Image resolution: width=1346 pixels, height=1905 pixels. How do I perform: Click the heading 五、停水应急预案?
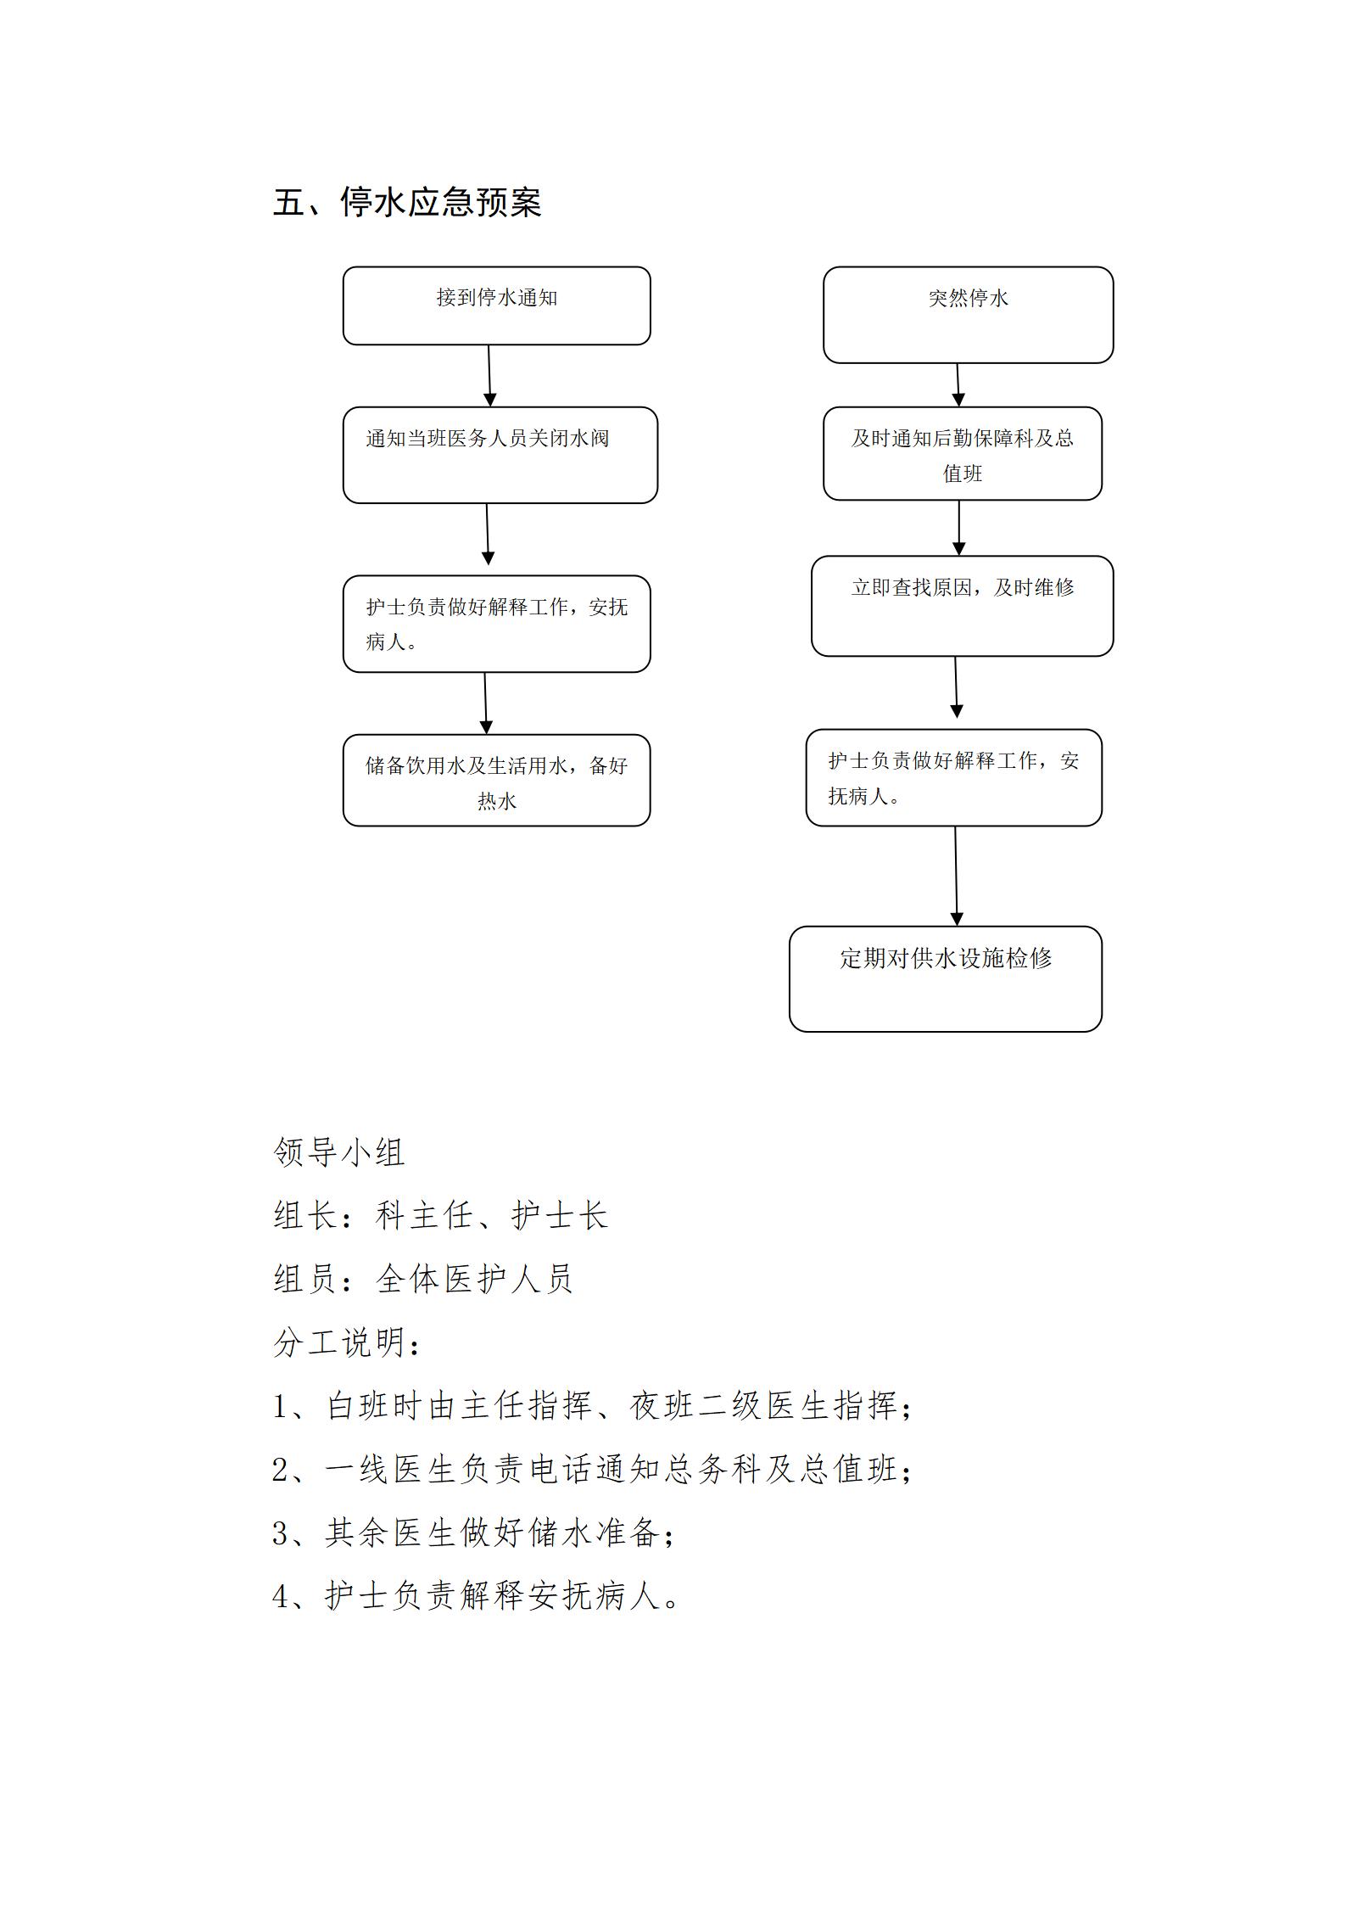[x=407, y=203]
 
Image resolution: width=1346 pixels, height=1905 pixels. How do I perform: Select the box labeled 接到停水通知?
[x=496, y=305]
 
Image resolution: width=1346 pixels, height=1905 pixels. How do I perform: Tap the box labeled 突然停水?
[x=968, y=315]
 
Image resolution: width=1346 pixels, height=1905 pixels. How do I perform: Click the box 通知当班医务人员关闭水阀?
[x=500, y=455]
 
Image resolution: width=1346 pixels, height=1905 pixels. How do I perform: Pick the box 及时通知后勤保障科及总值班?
[x=963, y=453]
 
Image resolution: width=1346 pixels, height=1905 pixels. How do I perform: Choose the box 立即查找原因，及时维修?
[x=962, y=606]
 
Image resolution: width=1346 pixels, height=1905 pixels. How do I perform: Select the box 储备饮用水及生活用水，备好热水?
[x=496, y=780]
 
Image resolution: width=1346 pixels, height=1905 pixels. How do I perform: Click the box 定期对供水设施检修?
[x=946, y=978]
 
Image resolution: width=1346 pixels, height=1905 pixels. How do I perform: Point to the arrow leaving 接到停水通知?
[x=489, y=376]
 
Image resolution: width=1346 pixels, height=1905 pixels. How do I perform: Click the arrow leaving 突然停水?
[x=958, y=385]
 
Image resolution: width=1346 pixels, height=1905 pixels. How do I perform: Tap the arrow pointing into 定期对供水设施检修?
[x=956, y=876]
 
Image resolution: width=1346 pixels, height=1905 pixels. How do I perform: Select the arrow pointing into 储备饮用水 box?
[x=485, y=703]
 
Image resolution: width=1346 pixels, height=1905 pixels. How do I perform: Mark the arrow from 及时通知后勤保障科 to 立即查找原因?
[x=959, y=528]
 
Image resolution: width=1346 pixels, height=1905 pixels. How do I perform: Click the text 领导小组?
[x=339, y=1151]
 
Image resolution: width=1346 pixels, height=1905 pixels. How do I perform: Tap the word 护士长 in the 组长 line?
[x=560, y=1214]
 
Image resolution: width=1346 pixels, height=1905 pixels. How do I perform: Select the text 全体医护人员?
[x=475, y=1278]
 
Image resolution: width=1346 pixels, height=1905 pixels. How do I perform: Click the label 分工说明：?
[x=347, y=1342]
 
